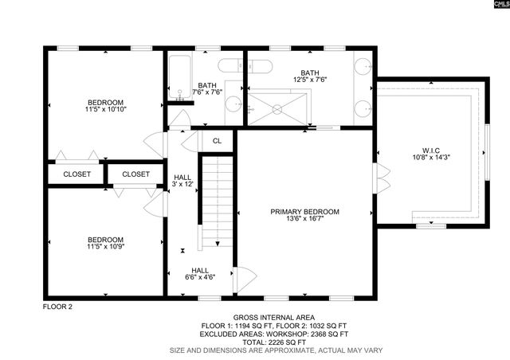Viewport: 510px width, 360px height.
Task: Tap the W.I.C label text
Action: [x=431, y=151]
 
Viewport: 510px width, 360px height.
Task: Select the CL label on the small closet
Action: [x=217, y=141]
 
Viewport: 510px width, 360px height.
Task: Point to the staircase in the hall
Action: [x=214, y=203]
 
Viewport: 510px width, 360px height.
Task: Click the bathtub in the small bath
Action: [x=178, y=80]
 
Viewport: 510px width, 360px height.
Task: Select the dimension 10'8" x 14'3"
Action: [x=431, y=158]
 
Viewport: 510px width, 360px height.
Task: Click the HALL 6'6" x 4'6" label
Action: [x=200, y=273]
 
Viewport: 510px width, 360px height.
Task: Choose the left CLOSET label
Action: [x=76, y=174]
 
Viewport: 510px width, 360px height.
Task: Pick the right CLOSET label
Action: [x=135, y=174]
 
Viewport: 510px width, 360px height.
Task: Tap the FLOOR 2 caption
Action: [x=57, y=306]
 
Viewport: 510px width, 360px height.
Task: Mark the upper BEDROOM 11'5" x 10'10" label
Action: [x=105, y=107]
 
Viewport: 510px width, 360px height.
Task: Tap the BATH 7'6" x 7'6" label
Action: [x=207, y=89]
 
